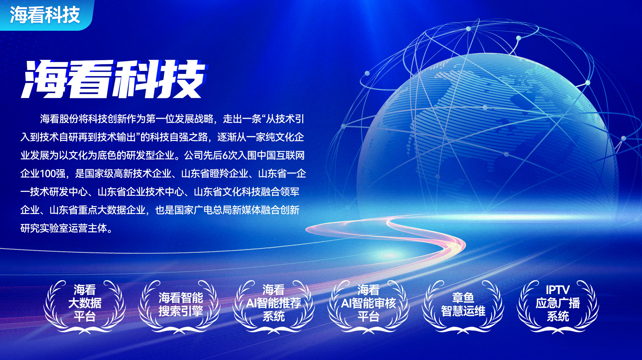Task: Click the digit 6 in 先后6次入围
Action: click(225, 156)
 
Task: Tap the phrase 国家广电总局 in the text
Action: click(203, 210)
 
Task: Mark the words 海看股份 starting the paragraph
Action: click(59, 119)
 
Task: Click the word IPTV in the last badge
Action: click(558, 290)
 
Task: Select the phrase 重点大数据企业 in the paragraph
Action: click(112, 210)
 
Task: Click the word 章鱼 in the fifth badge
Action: click(463, 298)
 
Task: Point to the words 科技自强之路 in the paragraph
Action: click(179, 137)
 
